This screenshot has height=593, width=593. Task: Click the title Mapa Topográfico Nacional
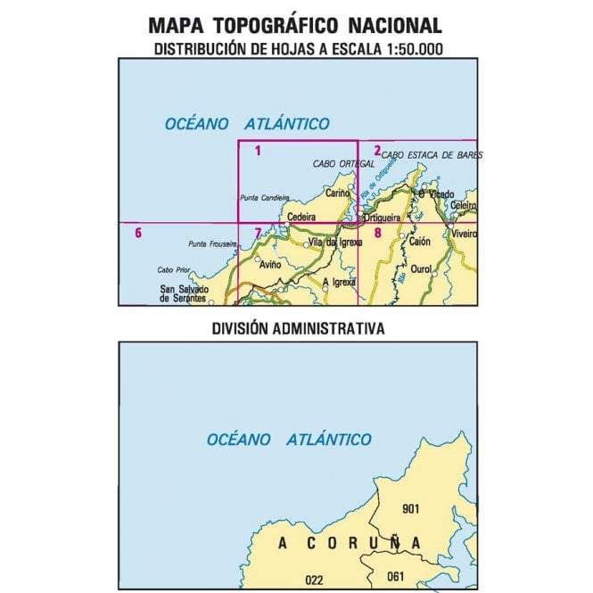pos(295,26)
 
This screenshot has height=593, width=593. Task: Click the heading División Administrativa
pos(298,328)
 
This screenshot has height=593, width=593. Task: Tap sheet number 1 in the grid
pos(258,151)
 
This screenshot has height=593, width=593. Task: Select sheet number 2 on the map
pos(377,151)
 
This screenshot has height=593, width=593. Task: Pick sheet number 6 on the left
pos(137,234)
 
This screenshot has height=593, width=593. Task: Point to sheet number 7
pos(258,234)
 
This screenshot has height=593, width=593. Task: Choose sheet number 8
pos(377,234)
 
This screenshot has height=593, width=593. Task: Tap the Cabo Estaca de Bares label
pos(432,155)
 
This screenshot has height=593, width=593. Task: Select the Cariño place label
pos(338,193)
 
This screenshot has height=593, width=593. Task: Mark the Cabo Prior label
pos(175,270)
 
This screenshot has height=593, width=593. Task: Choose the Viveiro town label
pos(465,234)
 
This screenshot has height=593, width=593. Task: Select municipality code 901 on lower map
pos(411,509)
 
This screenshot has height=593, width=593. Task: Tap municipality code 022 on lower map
pos(314,580)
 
